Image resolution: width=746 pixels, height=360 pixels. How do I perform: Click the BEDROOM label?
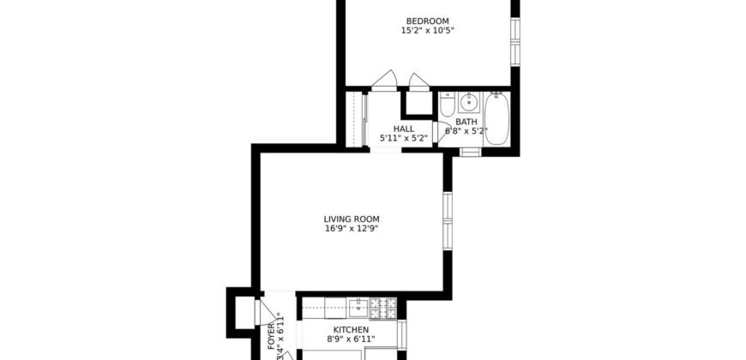point(426,21)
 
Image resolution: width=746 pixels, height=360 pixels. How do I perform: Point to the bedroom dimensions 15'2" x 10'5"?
point(426,31)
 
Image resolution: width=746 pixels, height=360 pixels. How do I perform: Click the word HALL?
point(404,129)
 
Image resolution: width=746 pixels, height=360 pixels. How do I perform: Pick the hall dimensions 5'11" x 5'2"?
point(404,138)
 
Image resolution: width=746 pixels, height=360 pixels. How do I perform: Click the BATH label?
point(466,122)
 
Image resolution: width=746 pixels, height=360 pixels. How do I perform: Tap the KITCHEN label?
point(350,330)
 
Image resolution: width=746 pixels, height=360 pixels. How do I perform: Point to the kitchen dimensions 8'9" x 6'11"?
point(350,340)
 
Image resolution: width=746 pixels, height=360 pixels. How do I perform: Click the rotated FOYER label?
point(271,329)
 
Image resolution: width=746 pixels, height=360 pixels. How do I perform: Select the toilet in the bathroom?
point(447,105)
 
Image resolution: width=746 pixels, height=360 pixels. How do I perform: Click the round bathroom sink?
point(468,103)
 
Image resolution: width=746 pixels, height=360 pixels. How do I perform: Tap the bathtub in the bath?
point(497,120)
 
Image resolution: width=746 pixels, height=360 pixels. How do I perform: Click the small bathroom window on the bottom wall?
point(470,153)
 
